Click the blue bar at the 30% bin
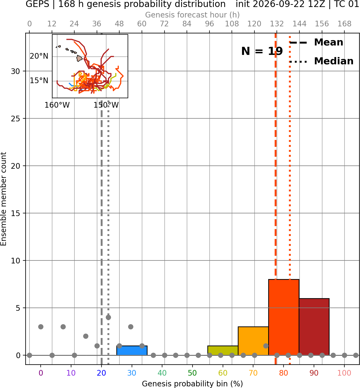[x=132, y=351]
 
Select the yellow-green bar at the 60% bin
[x=223, y=351]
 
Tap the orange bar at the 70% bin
[x=253, y=341]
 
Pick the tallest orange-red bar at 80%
[x=284, y=317]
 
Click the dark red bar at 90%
[x=314, y=327]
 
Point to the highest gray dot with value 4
[x=108, y=318]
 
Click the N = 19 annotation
[x=262, y=51]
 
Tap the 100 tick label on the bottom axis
[x=344, y=373]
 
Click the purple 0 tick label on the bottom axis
[x=41, y=373]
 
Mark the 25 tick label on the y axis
[x=16, y=119]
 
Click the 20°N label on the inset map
[x=39, y=56]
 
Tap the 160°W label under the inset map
[x=57, y=105]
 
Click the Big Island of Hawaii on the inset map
[x=79, y=58]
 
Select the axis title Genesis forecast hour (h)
[x=193, y=15]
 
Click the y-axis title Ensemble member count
[x=3, y=199]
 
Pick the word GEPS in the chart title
[x=37, y=4]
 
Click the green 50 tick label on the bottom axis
[x=192, y=373]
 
